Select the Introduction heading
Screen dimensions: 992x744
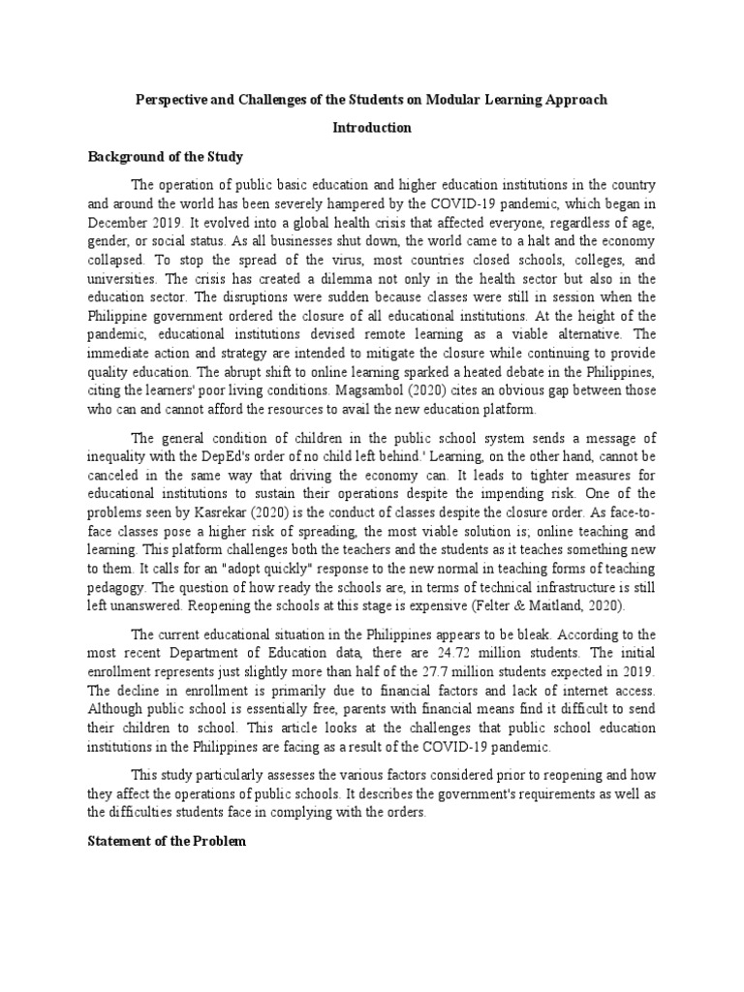coord(372,128)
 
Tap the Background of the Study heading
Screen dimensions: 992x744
coord(166,156)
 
